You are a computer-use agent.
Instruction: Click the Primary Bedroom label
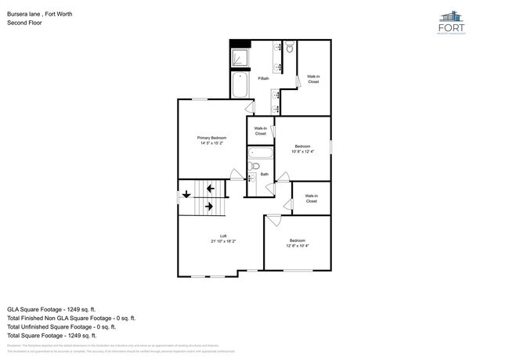[x=211, y=138]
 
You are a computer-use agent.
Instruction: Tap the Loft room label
[x=223, y=236]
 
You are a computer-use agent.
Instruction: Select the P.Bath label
[x=264, y=78]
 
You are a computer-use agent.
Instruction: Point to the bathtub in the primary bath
[x=240, y=85]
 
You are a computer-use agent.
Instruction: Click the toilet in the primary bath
[x=289, y=49]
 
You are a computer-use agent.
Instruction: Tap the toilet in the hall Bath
[x=254, y=166]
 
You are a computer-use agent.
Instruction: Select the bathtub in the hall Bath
[x=259, y=153]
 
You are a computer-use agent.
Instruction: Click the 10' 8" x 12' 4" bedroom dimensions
[x=302, y=152]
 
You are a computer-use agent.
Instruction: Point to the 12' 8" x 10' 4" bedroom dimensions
[x=298, y=246]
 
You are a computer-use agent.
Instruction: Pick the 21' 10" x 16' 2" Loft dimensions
[x=223, y=241]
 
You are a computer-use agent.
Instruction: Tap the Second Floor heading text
[x=24, y=23]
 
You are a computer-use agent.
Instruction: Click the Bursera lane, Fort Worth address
[x=40, y=13]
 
